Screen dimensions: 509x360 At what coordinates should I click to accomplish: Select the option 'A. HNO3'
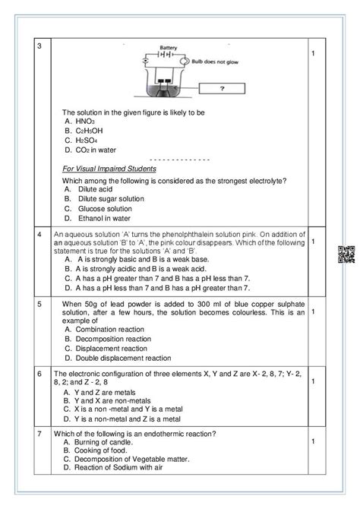pos(81,121)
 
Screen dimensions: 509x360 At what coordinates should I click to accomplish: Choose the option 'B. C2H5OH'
pos(84,131)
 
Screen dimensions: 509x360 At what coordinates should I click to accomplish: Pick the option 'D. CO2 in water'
pos(90,150)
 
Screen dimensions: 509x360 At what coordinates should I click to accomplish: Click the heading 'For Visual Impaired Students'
pos(109,169)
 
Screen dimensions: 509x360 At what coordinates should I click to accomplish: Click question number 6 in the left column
pos(39,374)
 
